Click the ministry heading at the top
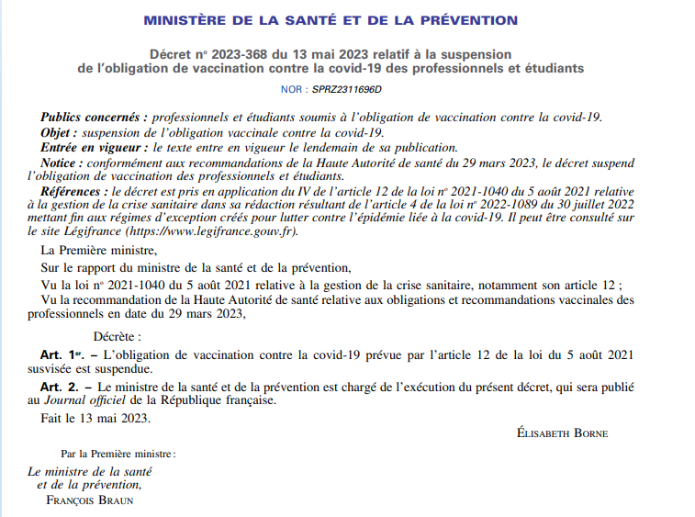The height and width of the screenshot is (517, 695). point(331,20)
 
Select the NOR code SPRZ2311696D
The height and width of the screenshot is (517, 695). point(346,89)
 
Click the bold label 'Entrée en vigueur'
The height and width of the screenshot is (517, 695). point(95,147)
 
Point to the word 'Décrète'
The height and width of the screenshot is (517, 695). point(118,336)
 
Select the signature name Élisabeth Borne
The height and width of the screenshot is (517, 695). point(563,433)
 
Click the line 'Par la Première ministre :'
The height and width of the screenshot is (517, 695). point(118,454)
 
